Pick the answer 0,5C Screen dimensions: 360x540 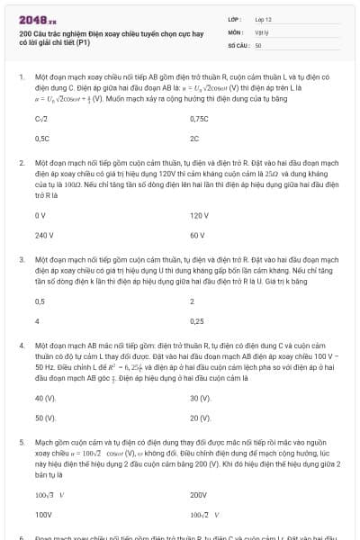click(x=42, y=139)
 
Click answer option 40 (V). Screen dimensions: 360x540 click(x=45, y=397)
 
